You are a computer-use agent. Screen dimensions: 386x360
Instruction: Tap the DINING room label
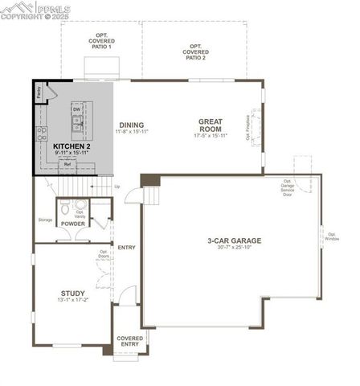(x=132, y=125)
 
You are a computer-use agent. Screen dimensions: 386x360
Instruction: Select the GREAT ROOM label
(x=211, y=125)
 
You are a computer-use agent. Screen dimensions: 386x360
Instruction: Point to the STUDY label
(x=72, y=294)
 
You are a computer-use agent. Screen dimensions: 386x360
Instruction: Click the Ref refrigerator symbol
(x=67, y=164)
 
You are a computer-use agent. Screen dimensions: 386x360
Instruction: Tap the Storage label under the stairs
(x=45, y=220)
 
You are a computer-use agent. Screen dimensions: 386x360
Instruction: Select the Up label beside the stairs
(x=117, y=187)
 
